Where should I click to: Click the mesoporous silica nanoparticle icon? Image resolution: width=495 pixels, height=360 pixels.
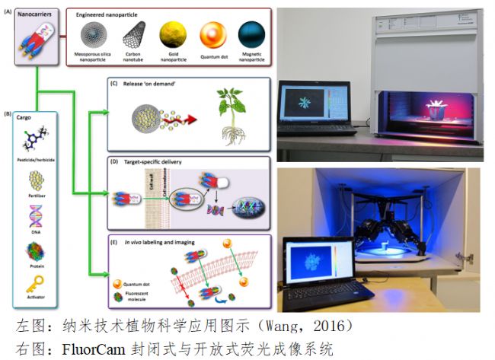pos(94,36)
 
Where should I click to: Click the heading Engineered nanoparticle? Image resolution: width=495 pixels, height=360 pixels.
pos(115,14)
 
